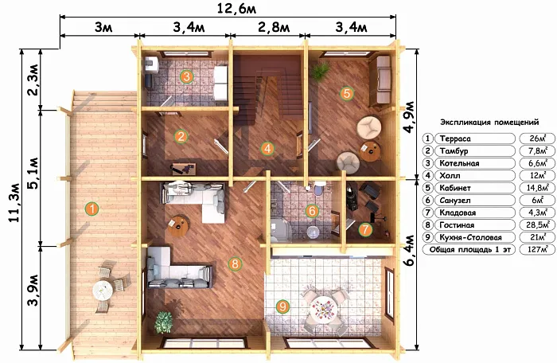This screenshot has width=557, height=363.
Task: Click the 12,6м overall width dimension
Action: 237,8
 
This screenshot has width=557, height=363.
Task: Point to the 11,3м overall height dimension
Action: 15,203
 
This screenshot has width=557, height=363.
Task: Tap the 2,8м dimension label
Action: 274,27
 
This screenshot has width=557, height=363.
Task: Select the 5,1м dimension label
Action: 33,174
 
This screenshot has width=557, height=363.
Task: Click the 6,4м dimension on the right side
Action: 410,251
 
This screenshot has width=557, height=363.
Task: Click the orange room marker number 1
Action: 92,209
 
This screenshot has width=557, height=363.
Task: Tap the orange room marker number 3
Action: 186,76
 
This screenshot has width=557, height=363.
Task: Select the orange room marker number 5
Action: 347,93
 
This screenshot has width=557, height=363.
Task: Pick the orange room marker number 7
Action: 365,229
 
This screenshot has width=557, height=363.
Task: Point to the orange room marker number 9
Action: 282,306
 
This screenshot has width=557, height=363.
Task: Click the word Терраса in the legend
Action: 455,139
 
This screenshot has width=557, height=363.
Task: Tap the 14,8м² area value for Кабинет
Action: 537,188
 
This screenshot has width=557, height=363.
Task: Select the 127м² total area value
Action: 537,249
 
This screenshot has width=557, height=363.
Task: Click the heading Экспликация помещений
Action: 489,123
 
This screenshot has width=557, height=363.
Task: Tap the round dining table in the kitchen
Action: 323,309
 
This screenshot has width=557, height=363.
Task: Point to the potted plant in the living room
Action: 164,322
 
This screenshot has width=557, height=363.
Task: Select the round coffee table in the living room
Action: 178,226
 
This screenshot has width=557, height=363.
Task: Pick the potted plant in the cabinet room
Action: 320,71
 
